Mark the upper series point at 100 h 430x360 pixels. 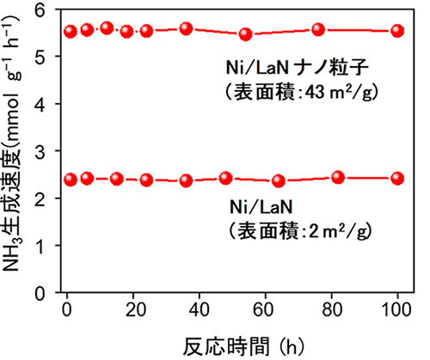pos(397,31)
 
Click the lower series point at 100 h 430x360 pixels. pos(397,179)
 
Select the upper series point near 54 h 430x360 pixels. pos(245,34)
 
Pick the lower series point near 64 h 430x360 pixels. pos(278,181)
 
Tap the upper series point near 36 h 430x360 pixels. pos(186,29)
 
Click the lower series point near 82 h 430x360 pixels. pos(338,178)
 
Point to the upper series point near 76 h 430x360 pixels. pos(318,30)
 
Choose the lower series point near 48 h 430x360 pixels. pos(225,179)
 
